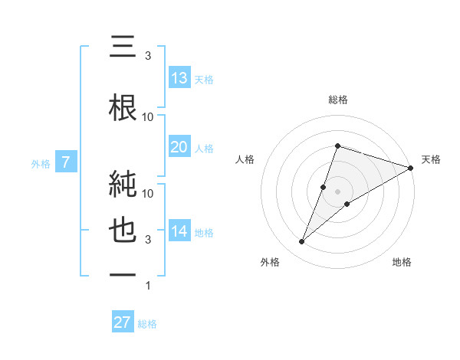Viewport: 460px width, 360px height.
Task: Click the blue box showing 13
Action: click(179, 78)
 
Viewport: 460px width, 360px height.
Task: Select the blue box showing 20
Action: click(179, 147)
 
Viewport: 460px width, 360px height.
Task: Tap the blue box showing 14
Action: click(179, 231)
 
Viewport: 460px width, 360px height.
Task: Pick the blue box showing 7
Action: click(67, 162)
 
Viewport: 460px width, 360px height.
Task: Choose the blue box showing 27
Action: click(123, 322)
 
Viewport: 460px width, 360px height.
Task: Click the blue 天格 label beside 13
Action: click(204, 79)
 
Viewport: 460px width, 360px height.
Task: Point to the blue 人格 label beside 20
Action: click(204, 148)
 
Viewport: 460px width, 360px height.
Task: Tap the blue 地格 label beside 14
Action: click(204, 232)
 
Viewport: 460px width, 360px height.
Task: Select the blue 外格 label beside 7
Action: click(41, 163)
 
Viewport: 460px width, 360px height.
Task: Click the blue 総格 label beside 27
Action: click(147, 323)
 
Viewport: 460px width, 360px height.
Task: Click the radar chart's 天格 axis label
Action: click(431, 159)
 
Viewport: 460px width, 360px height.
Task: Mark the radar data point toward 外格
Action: click(301, 242)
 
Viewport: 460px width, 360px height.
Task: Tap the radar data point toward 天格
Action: click(411, 169)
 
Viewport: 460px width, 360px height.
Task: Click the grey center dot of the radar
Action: click(338, 191)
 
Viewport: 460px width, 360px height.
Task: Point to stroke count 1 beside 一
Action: click(148, 286)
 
